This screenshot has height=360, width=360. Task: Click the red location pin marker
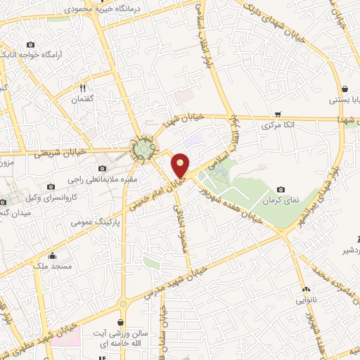(181, 165)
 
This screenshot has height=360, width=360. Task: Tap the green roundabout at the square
(144, 149)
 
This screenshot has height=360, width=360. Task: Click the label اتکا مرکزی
(276, 127)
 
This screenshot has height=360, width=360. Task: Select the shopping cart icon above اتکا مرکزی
(278, 114)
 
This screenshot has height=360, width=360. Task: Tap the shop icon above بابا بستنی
(345, 89)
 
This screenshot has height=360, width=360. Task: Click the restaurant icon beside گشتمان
(83, 89)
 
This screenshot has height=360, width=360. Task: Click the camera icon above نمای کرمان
(281, 190)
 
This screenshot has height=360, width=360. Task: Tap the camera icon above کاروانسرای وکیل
(51, 187)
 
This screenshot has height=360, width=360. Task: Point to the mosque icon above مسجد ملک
(52, 256)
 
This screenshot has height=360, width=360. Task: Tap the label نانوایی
(304, 300)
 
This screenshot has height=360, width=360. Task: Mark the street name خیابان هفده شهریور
(233, 203)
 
